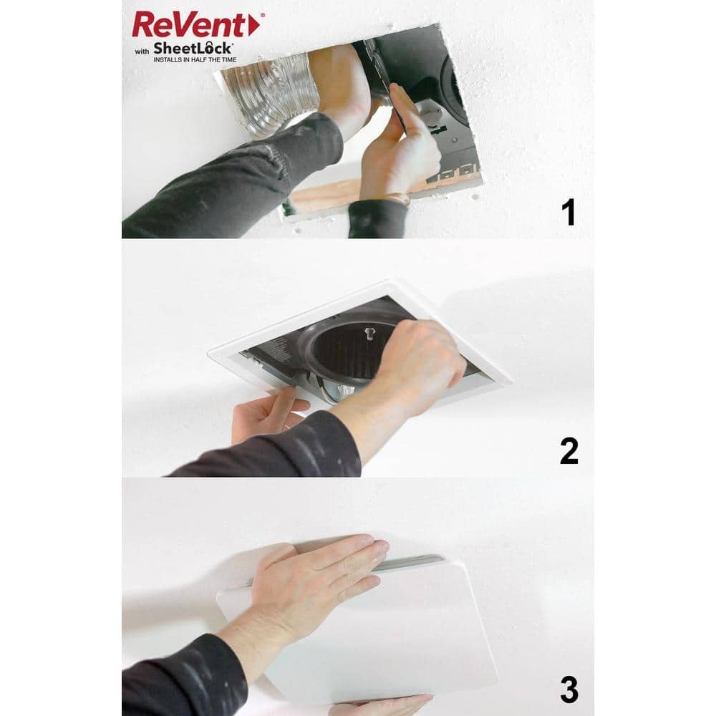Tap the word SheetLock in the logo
(x=193, y=49)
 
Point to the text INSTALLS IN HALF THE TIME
(x=195, y=60)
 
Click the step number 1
(x=569, y=213)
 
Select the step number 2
(x=569, y=451)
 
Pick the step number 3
(x=569, y=690)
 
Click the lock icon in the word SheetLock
(x=209, y=47)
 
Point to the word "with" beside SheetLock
(x=142, y=52)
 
